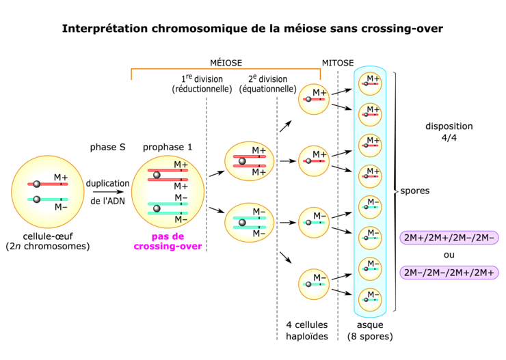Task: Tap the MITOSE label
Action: click(x=337, y=62)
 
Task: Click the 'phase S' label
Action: click(x=107, y=147)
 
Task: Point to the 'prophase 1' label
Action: click(x=168, y=147)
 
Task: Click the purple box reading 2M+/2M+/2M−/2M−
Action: click(x=450, y=238)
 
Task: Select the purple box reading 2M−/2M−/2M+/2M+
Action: click(x=450, y=272)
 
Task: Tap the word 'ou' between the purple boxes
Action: click(x=450, y=255)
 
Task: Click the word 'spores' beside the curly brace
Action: click(x=415, y=191)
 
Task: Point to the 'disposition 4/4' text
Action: click(x=449, y=132)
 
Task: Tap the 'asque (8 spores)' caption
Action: click(x=370, y=331)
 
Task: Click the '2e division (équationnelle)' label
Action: click(x=267, y=83)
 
